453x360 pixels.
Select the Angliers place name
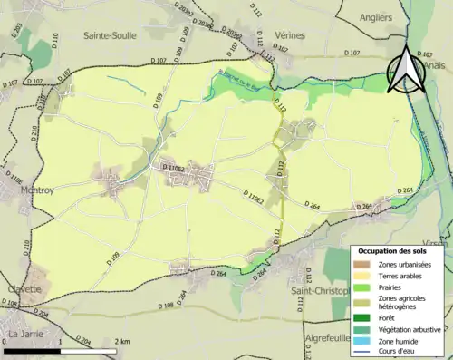pyautogui.click(x=377, y=16)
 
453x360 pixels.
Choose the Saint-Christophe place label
pyautogui.click(x=322, y=291)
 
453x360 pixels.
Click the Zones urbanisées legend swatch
pyautogui.click(x=364, y=264)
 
